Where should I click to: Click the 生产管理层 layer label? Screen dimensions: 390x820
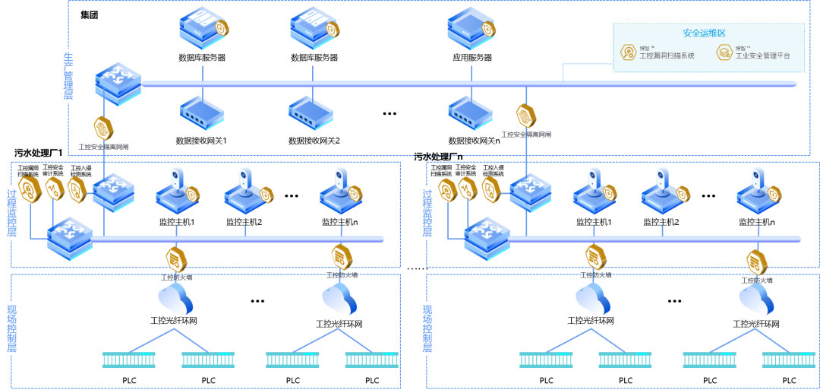click(68, 76)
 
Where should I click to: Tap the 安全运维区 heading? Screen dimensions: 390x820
click(704, 33)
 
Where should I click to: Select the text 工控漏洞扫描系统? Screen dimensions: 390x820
click(667, 55)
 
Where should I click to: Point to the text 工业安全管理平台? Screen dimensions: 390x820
click(762, 55)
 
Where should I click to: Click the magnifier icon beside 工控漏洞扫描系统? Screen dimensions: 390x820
click(628, 52)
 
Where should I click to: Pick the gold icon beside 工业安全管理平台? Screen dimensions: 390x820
click(724, 52)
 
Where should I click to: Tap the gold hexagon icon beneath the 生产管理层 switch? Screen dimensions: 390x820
click(102, 128)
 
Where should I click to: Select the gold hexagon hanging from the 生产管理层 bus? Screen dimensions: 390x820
click(525, 116)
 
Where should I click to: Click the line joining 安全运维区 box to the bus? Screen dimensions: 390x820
click(563, 71)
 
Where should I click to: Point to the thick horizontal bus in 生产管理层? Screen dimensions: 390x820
click(380, 84)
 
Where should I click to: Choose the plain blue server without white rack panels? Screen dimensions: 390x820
click(470, 27)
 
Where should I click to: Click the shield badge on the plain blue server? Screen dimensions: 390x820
click(488, 30)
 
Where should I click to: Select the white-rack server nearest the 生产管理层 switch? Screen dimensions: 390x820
click(202, 27)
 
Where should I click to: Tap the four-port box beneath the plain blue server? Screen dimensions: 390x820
click(470, 112)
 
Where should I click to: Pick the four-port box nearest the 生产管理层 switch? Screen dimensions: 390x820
click(202, 112)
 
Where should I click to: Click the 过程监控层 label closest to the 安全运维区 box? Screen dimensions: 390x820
click(427, 214)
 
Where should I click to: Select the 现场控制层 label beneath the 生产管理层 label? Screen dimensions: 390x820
click(11, 328)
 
